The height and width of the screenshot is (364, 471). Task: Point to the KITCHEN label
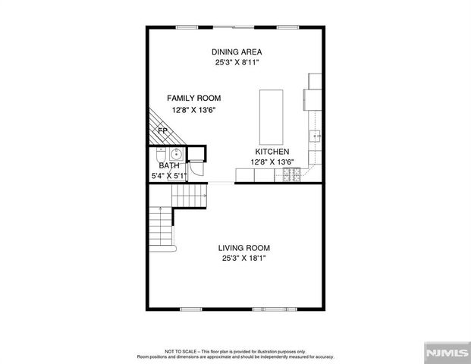click(272, 152)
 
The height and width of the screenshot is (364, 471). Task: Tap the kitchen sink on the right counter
click(316, 136)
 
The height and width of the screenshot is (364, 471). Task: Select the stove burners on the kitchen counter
click(291, 175)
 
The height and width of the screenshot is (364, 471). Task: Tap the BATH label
click(168, 166)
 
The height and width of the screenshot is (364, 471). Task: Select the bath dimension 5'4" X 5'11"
click(168, 176)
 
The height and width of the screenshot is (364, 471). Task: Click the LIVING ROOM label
click(243, 248)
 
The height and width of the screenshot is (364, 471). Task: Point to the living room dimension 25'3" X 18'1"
click(243, 259)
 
